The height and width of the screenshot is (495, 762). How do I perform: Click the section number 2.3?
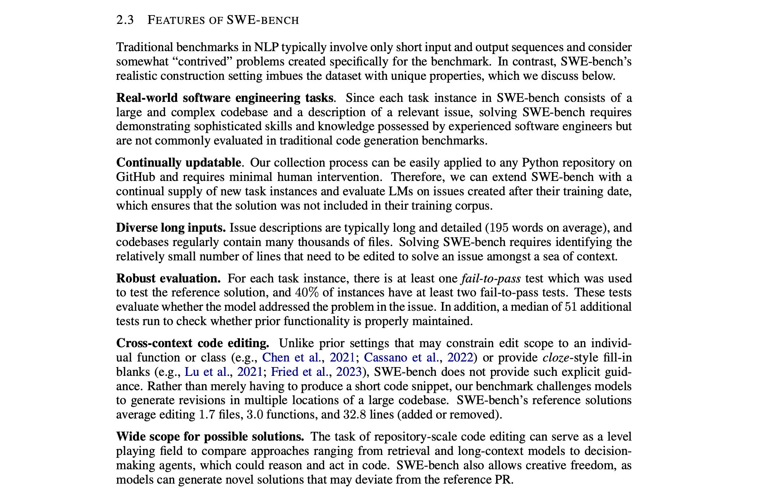click(x=125, y=20)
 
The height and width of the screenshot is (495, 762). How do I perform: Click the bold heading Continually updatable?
click(x=179, y=163)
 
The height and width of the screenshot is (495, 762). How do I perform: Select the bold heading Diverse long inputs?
click(x=171, y=228)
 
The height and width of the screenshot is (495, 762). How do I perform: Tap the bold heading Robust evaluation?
click(x=168, y=278)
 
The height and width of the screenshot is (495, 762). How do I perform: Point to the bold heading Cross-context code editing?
click(x=193, y=343)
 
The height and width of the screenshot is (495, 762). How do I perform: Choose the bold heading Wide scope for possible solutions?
click(x=210, y=437)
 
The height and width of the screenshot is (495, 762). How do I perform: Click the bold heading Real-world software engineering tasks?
click(x=224, y=98)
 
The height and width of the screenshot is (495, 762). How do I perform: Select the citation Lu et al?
click(x=207, y=372)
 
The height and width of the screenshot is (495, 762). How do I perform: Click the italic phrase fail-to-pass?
click(x=490, y=278)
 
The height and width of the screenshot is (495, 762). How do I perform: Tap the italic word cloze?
click(x=554, y=357)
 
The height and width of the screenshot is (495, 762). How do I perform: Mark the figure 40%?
click(x=307, y=292)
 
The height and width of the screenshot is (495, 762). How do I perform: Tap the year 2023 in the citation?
click(x=349, y=372)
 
